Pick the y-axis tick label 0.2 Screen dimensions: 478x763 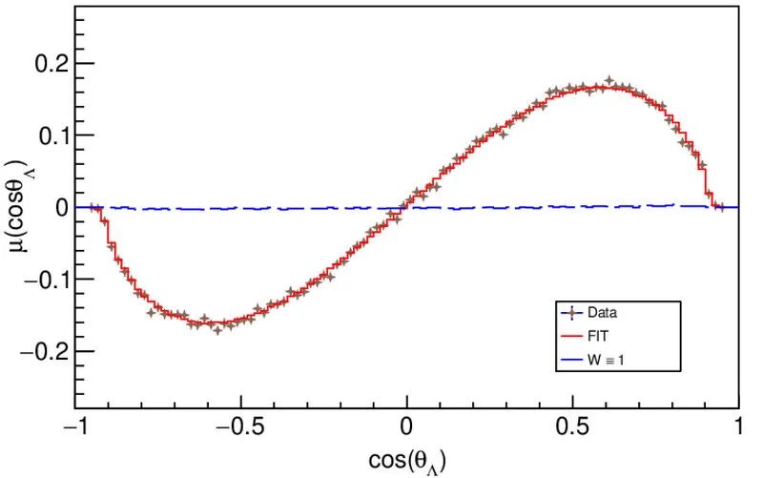click(50, 64)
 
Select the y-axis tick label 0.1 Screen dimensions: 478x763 click(50, 135)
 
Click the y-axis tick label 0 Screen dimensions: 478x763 click(60, 207)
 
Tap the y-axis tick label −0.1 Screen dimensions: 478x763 click(43, 280)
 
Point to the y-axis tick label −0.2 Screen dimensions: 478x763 click(43, 352)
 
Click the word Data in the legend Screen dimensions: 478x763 click(602, 312)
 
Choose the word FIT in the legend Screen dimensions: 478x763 click(598, 336)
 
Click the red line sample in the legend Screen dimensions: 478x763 click(570, 336)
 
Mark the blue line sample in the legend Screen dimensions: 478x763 click(570, 360)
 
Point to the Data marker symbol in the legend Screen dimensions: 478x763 click(570, 312)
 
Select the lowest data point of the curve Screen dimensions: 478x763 click(217, 330)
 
